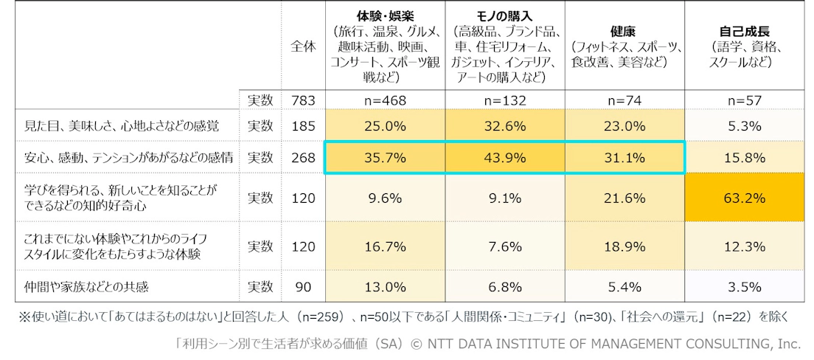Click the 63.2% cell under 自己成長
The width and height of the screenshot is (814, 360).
pyautogui.click(x=744, y=199)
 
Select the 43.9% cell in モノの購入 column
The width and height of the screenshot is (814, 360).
pyautogui.click(x=505, y=158)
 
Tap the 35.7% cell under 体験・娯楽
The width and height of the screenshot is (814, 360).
pyautogui.click(x=385, y=158)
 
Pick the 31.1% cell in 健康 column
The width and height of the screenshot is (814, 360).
pyautogui.click(x=625, y=158)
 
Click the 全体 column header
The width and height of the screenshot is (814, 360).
pyautogui.click(x=303, y=46)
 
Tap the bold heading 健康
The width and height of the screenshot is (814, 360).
pyautogui.click(x=625, y=32)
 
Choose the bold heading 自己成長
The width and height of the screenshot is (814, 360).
pyautogui.click(x=744, y=32)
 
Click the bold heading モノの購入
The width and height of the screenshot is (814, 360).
pyautogui.click(x=505, y=16)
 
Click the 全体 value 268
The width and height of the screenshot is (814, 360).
pyautogui.click(x=303, y=158)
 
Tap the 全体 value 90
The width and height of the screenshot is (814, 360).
pyautogui.click(x=303, y=286)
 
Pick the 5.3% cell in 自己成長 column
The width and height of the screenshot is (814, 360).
pyautogui.click(x=744, y=126)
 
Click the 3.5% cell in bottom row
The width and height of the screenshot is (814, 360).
pyautogui.click(x=744, y=286)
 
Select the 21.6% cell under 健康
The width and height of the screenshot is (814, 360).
pyautogui.click(x=625, y=199)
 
